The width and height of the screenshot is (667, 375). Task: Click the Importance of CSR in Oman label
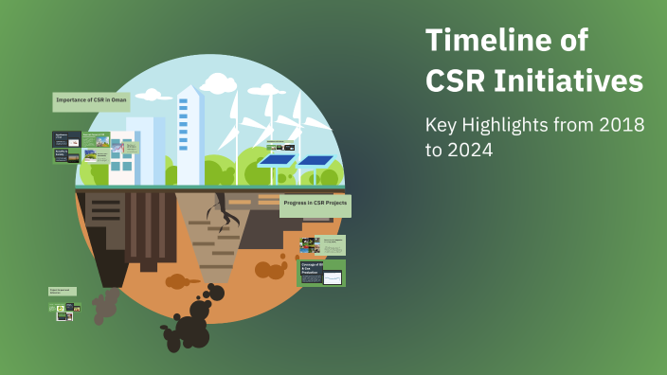pos(91,101)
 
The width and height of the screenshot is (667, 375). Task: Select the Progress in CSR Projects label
pos(315,204)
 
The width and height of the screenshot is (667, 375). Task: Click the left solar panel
pos(277,161)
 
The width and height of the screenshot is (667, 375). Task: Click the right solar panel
pos(315,160)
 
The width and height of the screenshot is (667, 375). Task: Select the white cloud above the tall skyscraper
pos(218,84)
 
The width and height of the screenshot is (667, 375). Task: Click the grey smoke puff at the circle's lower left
pos(104,305)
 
